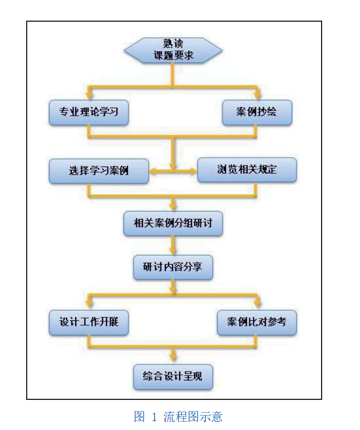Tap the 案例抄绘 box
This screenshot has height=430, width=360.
tap(257, 112)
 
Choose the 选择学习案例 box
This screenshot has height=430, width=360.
tap(98, 170)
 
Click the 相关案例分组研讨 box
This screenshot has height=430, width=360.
tap(173, 223)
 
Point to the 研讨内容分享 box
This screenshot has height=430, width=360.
tap(173, 267)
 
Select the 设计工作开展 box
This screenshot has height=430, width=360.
tap(89, 322)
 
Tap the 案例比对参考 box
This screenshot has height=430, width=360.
tap(257, 322)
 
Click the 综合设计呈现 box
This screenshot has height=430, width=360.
tap(173, 377)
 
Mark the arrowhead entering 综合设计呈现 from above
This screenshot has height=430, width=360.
tap(173, 359)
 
